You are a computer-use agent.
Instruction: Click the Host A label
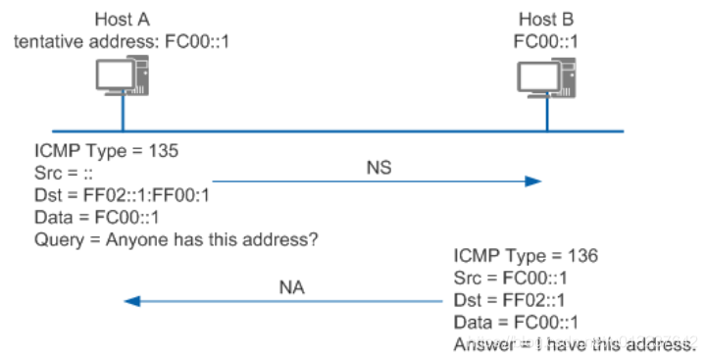click(x=123, y=20)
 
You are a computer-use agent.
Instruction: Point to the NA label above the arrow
click(x=291, y=287)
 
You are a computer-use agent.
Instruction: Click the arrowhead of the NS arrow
click(x=532, y=181)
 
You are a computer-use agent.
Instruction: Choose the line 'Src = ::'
click(x=64, y=175)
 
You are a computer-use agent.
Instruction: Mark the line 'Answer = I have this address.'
click(x=575, y=344)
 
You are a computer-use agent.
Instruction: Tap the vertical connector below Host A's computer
click(x=124, y=116)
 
